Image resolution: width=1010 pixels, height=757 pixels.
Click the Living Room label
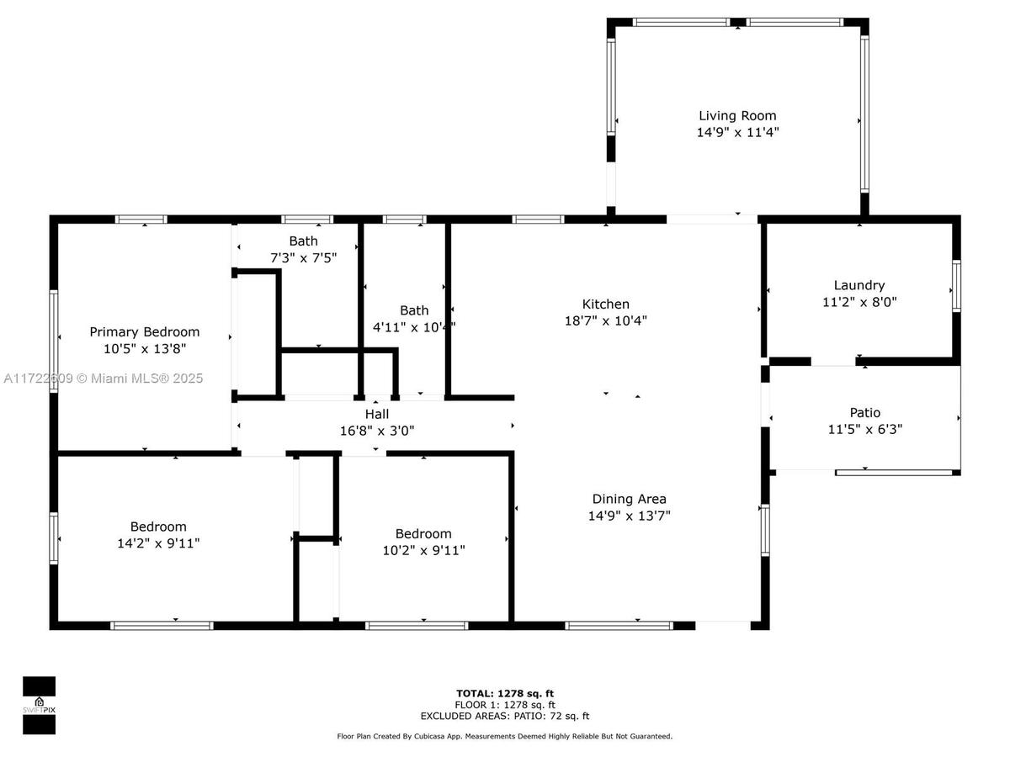pos(737,116)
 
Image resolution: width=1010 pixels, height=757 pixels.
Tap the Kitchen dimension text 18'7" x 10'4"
pos(605,320)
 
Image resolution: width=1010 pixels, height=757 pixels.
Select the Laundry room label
pos(859,285)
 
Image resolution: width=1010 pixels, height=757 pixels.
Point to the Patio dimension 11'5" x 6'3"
pos(865,429)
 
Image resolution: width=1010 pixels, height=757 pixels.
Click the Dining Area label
pos(629,499)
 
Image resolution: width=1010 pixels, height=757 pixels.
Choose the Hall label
pos(377,414)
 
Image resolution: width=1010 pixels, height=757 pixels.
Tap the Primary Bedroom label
pos(145,332)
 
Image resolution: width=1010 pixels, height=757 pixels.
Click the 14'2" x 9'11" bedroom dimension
pos(158,543)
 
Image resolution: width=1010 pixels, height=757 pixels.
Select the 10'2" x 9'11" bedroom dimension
pos(424,550)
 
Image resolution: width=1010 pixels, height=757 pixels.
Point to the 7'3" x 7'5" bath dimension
pos(303,258)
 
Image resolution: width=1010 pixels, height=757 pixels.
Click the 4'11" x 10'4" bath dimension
pos(414,327)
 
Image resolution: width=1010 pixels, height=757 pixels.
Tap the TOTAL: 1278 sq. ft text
pos(505,694)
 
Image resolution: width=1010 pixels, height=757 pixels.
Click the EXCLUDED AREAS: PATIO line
pos(505,716)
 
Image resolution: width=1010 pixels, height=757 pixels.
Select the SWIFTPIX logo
pos(39,706)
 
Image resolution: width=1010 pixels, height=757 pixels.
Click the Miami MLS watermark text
pos(103,378)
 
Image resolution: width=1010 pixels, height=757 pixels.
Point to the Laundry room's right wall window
pos(956,286)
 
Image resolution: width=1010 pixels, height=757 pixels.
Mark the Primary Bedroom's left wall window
pos(54,341)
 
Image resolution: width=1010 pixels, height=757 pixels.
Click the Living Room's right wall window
pos(864,114)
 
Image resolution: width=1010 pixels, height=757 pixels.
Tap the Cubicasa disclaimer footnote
pos(505,736)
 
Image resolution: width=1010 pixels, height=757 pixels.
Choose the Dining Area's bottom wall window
pos(619,626)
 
